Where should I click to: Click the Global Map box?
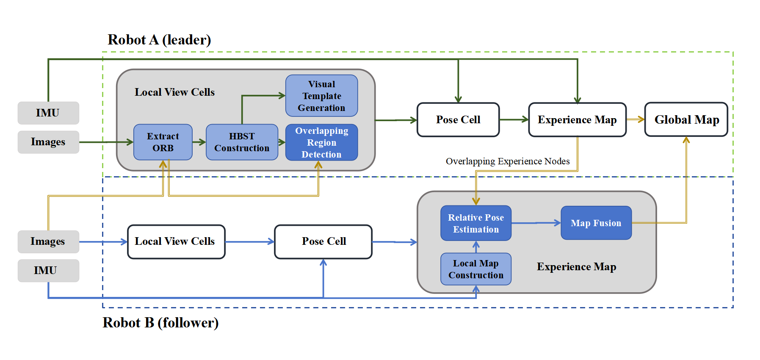pyautogui.click(x=686, y=119)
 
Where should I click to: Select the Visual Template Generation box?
pyautogui.click(x=321, y=96)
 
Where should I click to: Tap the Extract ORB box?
pyautogui.click(x=163, y=142)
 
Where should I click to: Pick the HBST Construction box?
pyautogui.click(x=242, y=142)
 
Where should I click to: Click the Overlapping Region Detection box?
pyautogui.click(x=321, y=142)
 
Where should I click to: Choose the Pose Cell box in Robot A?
pyautogui.click(x=458, y=119)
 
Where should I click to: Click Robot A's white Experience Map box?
pyautogui.click(x=577, y=119)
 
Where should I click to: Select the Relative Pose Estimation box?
pyautogui.click(x=476, y=223)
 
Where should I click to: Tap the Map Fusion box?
pyautogui.click(x=596, y=223)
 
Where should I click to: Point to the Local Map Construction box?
pyautogui.click(x=476, y=269)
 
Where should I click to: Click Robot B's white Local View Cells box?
pyautogui.click(x=176, y=241)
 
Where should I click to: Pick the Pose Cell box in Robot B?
pyautogui.click(x=323, y=241)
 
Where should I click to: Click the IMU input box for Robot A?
pyautogui.click(x=48, y=113)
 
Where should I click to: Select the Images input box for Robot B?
pyautogui.click(x=48, y=241)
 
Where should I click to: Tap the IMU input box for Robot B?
pyautogui.click(x=48, y=270)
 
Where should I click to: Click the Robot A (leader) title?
pyautogui.click(x=159, y=40)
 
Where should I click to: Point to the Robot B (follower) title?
pyautogui.click(x=160, y=323)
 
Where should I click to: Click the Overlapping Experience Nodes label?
pyautogui.click(x=507, y=161)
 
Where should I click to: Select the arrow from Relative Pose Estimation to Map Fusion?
pyautogui.click(x=536, y=223)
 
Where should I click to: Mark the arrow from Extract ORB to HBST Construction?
pyautogui.click(x=199, y=142)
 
